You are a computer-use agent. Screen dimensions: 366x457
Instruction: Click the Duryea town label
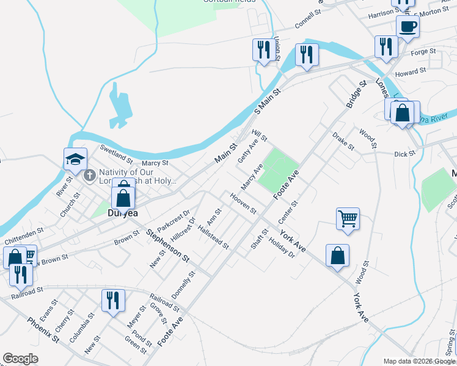tap(122, 213)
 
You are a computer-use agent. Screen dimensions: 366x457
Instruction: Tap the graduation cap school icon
tap(76, 160)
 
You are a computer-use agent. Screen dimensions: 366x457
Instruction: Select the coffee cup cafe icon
tap(408, 27)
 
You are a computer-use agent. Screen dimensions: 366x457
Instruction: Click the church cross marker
tap(90, 176)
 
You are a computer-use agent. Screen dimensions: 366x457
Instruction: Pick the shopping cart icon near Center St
tap(348, 218)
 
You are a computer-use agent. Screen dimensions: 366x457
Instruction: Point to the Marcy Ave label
tap(252, 176)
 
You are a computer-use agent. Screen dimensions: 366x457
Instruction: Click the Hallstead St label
tap(213, 237)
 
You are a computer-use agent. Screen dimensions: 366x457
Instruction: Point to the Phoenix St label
tap(43, 329)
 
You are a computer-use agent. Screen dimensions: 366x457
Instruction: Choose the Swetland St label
tap(117, 155)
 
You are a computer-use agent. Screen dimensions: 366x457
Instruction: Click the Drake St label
tap(343, 141)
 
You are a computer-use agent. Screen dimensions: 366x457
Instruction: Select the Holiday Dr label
tap(282, 246)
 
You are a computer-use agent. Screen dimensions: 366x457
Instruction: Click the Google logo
tap(20, 359)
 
